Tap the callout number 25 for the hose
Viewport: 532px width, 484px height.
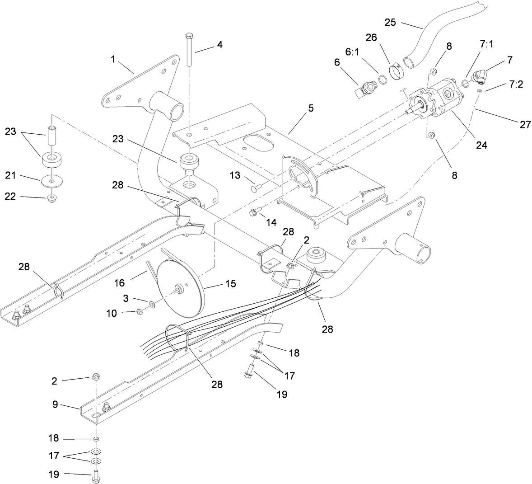[x=390, y=22]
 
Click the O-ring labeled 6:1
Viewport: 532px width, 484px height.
[x=382, y=80]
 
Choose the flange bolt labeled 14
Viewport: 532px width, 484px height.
[x=254, y=210]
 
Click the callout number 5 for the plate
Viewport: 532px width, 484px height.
[x=298, y=109]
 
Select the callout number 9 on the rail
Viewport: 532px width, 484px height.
[x=55, y=404]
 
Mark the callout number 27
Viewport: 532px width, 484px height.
[x=525, y=124]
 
